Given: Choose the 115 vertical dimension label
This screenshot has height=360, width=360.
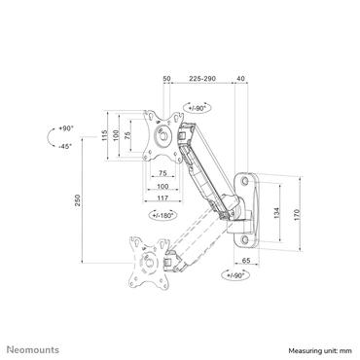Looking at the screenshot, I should [x=103, y=141].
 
